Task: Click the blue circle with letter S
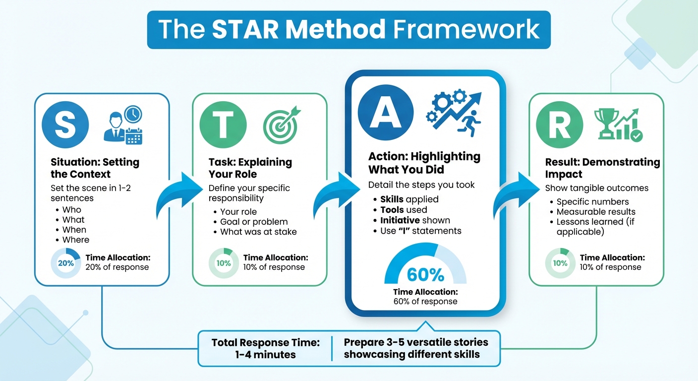point(65,125)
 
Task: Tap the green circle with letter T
point(223,125)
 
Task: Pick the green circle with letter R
point(560,125)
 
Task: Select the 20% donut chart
point(65,263)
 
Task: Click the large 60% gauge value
point(425,274)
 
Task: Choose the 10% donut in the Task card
point(224,263)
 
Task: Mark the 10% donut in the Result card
point(560,263)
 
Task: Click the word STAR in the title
point(243,30)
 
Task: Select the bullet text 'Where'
point(76,240)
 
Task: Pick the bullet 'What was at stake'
point(258,232)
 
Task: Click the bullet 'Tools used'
point(404,210)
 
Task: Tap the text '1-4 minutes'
point(265,354)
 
